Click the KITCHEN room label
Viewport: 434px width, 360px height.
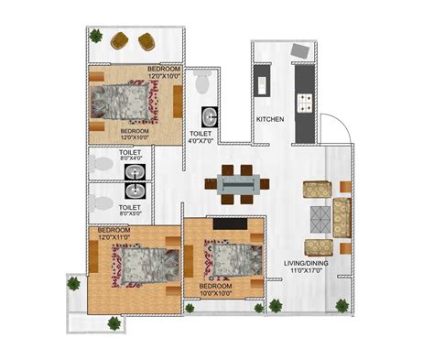[270, 119]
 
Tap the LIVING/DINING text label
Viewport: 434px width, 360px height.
[309, 263]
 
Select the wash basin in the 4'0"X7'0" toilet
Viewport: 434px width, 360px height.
[211, 116]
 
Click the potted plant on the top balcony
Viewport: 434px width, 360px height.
[95, 36]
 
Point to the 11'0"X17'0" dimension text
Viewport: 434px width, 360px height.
[308, 270]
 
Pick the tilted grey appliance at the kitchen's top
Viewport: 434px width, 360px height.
[298, 50]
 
